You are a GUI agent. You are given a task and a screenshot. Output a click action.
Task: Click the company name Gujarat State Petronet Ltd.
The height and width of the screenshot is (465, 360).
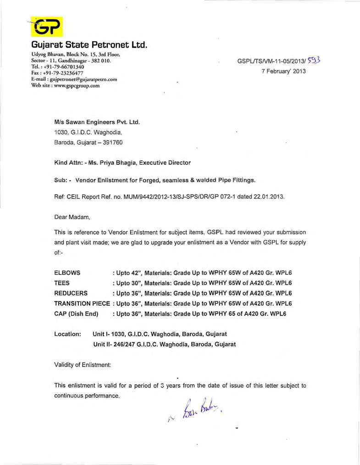[89, 46]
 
